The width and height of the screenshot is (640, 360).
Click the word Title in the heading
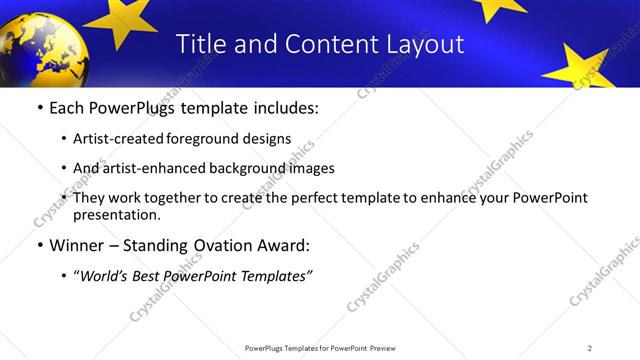coord(199,44)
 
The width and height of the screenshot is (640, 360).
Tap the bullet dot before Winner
coord(39,245)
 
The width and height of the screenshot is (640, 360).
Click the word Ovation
coord(228,245)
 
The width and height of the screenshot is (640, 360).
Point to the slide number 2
coord(590,347)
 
